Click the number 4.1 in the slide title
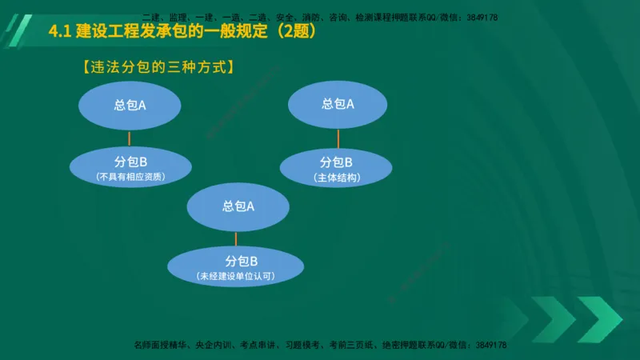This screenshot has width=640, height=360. tap(60, 33)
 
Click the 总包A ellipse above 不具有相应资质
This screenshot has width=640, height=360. tap(130, 106)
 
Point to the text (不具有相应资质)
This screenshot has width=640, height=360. tap(130, 176)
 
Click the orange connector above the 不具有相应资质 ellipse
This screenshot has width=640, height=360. tap(130, 138)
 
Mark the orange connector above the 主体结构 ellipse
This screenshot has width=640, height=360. tap(339, 138)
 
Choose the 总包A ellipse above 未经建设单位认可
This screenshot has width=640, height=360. tap(238, 206)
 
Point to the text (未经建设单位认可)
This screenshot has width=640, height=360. tap(235, 277)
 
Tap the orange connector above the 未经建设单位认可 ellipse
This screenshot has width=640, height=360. tap(236, 238)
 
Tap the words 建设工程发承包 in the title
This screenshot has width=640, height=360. tap(126, 33)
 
